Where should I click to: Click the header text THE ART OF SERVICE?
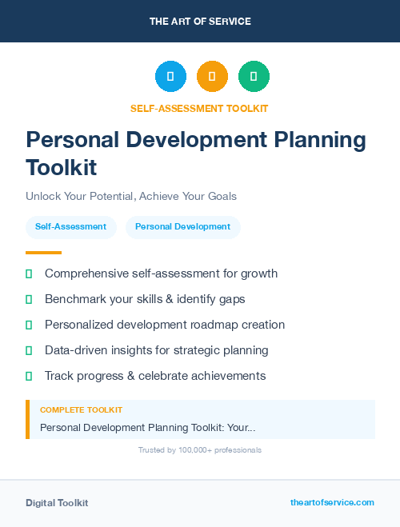(x=200, y=22)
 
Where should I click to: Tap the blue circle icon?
(x=170, y=77)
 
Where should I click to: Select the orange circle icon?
(x=212, y=77)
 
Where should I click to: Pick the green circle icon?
(x=254, y=77)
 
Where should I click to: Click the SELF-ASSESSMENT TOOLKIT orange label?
(x=199, y=108)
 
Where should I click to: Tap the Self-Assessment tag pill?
(x=70, y=226)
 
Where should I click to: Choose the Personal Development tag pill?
(x=182, y=226)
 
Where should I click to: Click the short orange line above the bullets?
(x=43, y=253)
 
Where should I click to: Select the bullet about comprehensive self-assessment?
(x=161, y=273)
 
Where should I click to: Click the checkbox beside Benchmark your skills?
(x=29, y=299)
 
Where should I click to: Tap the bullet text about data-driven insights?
(x=156, y=350)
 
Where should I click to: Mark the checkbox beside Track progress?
(x=29, y=376)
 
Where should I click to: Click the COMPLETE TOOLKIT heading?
(x=81, y=410)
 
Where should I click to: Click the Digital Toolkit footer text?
(x=57, y=503)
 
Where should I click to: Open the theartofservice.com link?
(x=332, y=502)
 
